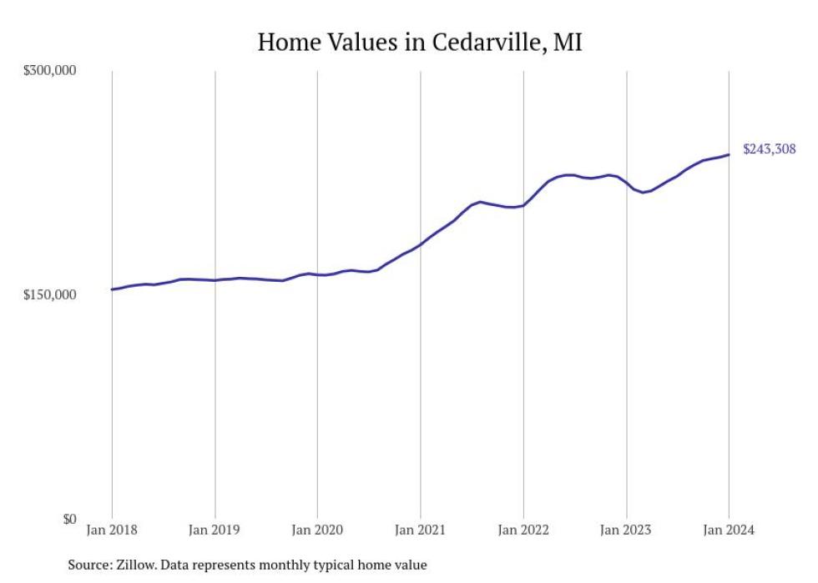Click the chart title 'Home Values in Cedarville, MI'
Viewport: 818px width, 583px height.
pyautogui.click(x=419, y=42)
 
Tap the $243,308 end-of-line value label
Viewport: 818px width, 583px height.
pyautogui.click(x=769, y=149)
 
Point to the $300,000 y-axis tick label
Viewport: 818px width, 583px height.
pyautogui.click(x=49, y=71)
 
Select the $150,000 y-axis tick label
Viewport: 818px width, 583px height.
pyautogui.click(x=49, y=295)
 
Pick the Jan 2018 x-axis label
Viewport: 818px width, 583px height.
pyautogui.click(x=112, y=530)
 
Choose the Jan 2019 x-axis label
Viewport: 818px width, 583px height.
pyautogui.click(x=215, y=530)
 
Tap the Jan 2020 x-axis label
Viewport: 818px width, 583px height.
pyautogui.click(x=317, y=530)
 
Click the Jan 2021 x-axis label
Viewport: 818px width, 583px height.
pyautogui.click(x=420, y=530)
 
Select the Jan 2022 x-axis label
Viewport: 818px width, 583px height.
pyautogui.click(x=523, y=530)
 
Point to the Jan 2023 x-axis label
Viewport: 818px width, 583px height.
pyautogui.click(x=626, y=530)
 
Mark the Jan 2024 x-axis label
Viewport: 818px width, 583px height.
pyautogui.click(x=729, y=530)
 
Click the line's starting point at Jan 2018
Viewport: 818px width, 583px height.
pyautogui.click(x=112, y=289)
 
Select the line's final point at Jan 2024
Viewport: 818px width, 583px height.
pyautogui.click(x=729, y=154)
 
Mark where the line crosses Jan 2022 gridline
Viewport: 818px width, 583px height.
pyautogui.click(x=523, y=205)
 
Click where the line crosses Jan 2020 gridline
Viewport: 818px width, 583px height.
pyautogui.click(x=317, y=274)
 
